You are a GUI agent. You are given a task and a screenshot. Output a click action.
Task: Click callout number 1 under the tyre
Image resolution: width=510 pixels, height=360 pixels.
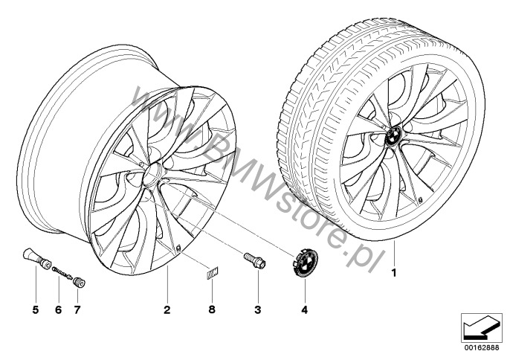pyautogui.click(x=394, y=273)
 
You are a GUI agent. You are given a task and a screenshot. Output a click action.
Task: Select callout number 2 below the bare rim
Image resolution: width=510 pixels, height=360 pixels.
pyautogui.click(x=167, y=310)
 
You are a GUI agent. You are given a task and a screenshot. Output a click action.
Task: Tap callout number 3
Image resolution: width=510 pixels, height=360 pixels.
pyautogui.click(x=257, y=310)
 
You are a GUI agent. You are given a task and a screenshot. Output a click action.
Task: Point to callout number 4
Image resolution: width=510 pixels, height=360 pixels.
pyautogui.click(x=304, y=310)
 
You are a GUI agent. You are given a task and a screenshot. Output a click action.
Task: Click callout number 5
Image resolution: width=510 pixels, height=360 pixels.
pyautogui.click(x=36, y=310)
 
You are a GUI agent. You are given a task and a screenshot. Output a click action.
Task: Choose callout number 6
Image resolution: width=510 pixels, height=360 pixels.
pyautogui.click(x=58, y=310)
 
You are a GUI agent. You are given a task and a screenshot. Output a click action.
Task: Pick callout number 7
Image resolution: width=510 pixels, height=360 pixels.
pyautogui.click(x=77, y=310)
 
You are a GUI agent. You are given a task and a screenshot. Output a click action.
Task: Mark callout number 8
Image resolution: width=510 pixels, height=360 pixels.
pyautogui.click(x=212, y=310)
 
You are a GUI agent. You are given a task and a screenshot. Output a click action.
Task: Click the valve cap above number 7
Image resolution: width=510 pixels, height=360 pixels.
pyautogui.click(x=79, y=282)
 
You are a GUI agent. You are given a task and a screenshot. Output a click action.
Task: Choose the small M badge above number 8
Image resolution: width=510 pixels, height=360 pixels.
pyautogui.click(x=213, y=272)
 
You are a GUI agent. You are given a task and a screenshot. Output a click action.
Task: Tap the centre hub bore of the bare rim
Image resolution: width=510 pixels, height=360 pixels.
pyautogui.click(x=152, y=173)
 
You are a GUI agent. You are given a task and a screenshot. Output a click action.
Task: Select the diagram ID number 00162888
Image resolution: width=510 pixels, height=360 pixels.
pyautogui.click(x=482, y=348)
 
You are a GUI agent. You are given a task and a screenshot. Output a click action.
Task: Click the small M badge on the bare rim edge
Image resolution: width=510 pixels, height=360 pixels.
pyautogui.click(x=178, y=248)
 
